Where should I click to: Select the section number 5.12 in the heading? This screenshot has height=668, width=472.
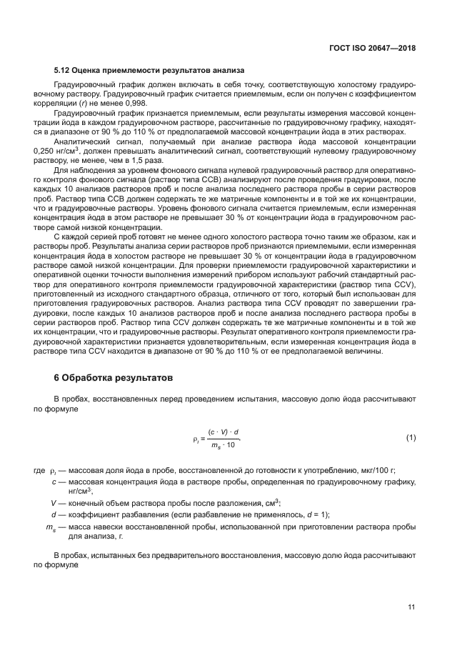pos(62,71)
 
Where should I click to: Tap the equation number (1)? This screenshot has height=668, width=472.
pos(411,437)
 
